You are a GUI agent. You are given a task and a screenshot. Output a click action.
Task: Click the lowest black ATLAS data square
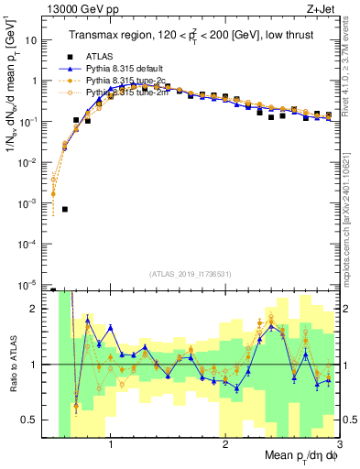pyautogui.click(x=64, y=209)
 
